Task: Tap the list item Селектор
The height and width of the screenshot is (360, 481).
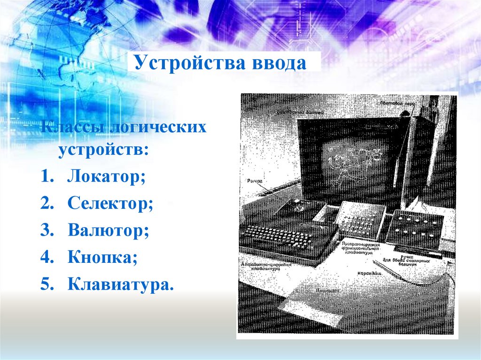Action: coord(110,204)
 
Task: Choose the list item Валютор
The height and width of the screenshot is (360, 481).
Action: coord(109,230)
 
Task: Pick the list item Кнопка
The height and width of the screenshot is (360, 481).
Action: coord(102,257)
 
